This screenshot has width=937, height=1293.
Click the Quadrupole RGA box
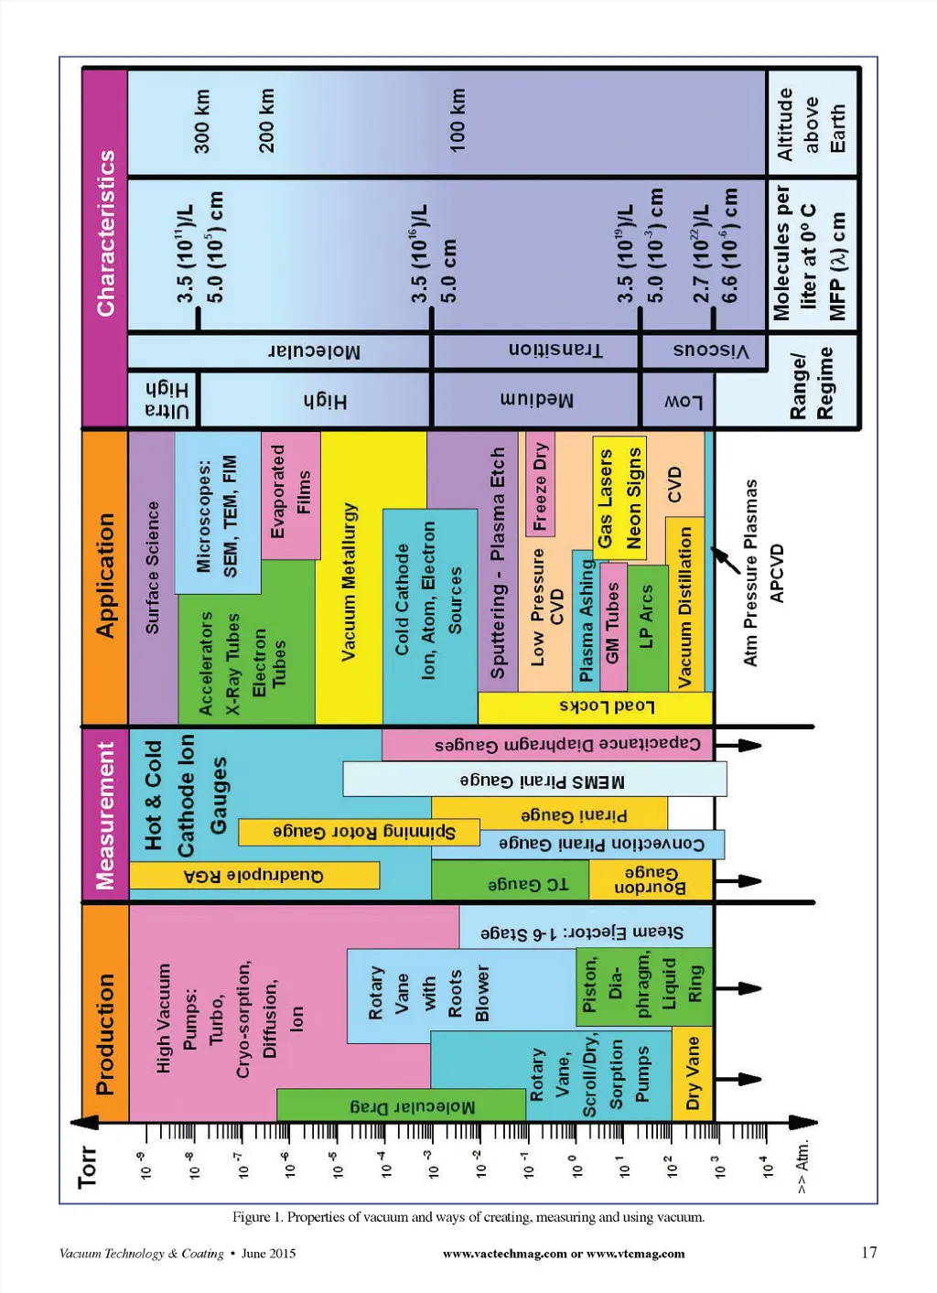coord(253,876)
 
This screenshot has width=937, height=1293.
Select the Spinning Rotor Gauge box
coord(359,832)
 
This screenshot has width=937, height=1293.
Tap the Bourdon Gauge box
coord(650,880)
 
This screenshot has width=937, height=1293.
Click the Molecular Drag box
coord(412,1106)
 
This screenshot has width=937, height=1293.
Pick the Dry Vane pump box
coord(693,1072)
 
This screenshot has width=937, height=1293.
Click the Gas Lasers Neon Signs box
coord(619,499)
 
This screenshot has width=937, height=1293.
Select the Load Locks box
coord(595,706)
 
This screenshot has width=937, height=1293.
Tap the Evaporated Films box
coord(291,494)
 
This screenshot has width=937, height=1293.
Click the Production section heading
coord(105,1034)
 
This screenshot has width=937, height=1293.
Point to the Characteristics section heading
coord(105,233)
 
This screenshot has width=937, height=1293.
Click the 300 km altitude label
coord(201,121)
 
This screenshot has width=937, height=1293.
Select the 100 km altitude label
coord(457,120)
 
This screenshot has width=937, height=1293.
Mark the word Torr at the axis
coord(87,1167)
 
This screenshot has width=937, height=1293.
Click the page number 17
coord(868,1253)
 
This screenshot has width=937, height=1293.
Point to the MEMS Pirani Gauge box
coord(535,780)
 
